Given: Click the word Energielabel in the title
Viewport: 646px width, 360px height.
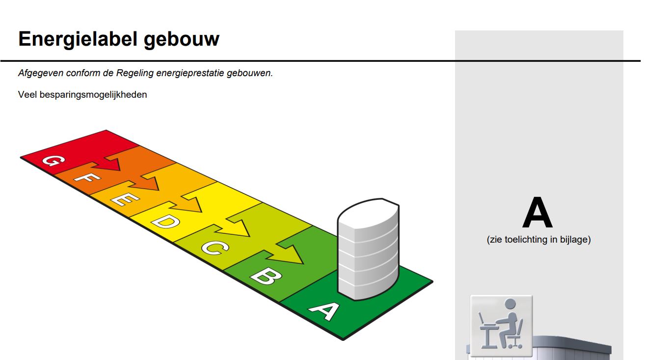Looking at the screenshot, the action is tap(78, 39).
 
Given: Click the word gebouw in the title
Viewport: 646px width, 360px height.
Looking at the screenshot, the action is tap(182, 39).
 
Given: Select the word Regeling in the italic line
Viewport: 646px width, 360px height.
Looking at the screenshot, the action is tap(135, 73).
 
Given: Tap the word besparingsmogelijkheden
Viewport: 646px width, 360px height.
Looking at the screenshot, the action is tap(93, 95).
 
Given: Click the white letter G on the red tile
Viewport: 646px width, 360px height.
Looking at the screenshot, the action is tap(54, 161).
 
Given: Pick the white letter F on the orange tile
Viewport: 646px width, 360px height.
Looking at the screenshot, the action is tap(87, 177).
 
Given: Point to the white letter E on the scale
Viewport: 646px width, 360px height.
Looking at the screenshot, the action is tap(125, 198).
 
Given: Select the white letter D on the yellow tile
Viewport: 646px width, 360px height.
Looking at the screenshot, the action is tap(165, 221).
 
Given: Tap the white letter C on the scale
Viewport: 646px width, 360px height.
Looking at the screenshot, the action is tap(215, 248).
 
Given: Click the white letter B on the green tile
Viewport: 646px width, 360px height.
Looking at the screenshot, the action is tap(266, 276).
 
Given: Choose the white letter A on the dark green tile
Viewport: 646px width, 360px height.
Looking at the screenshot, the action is tap(324, 311).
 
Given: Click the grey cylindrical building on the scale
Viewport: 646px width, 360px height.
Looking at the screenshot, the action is tap(368, 249).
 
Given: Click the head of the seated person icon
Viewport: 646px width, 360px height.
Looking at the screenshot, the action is tap(510, 305).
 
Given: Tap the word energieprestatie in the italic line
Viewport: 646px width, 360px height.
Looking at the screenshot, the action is tap(190, 73).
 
